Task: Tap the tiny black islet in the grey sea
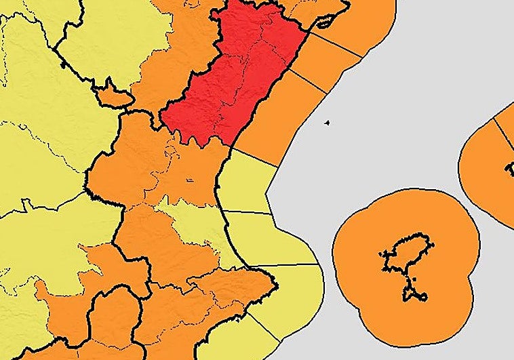coord(327,123)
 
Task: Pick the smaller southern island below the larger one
coord(415,294)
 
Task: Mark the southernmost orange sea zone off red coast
coord(278,115)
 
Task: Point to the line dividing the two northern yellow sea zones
coord(248,212)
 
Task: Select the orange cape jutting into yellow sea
coord(261,278)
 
